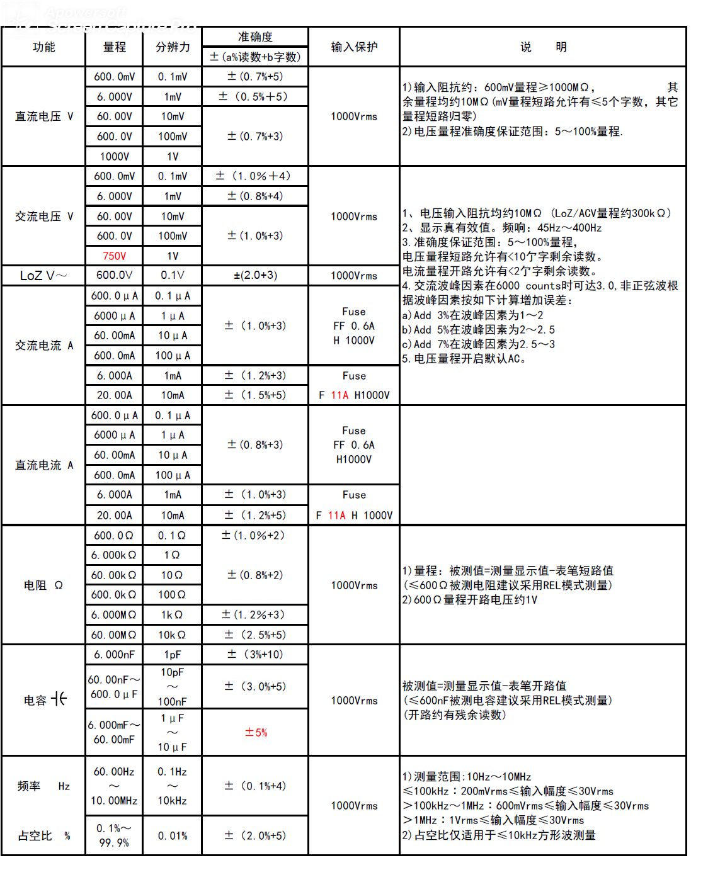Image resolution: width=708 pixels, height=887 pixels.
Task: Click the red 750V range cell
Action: (114, 256)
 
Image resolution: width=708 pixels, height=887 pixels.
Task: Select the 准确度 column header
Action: (255, 37)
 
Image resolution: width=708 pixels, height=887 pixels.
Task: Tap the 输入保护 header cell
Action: (354, 47)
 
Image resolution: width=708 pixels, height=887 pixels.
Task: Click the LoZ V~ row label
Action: (43, 276)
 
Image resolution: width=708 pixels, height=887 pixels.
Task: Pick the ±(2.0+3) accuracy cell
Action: (255, 276)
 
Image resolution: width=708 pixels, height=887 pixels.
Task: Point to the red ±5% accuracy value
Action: (256, 732)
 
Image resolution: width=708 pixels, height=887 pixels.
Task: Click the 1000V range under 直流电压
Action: (114, 156)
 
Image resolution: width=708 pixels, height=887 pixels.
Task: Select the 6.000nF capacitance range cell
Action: (114, 655)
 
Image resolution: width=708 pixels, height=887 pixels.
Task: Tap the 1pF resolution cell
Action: (172, 655)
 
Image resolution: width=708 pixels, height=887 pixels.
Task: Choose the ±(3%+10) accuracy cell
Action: (255, 655)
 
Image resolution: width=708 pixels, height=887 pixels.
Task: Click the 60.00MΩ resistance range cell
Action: (114, 635)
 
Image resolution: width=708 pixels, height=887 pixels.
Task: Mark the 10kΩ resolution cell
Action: (172, 635)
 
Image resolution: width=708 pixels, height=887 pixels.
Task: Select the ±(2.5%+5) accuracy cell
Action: (255, 635)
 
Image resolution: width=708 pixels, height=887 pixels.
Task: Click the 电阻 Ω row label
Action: (43, 585)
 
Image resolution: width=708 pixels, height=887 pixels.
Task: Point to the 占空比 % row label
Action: (43, 836)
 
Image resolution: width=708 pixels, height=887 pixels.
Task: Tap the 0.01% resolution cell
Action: (172, 836)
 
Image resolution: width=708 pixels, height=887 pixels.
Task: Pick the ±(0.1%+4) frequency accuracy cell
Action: (255, 786)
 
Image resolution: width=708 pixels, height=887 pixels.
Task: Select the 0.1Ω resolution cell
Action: (172, 536)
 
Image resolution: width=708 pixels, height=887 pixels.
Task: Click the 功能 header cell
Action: (43, 47)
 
